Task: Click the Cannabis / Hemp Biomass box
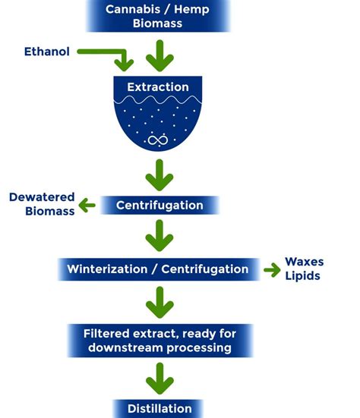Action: (157, 15)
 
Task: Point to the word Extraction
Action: (158, 87)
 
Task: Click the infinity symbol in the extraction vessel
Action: (158, 140)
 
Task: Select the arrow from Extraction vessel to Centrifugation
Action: (158, 176)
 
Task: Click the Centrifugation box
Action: (159, 205)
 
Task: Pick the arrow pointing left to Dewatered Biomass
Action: (89, 206)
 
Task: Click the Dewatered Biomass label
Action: (42, 205)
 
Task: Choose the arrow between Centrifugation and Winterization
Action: (158, 236)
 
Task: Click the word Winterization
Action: (111, 269)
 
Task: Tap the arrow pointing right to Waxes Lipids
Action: (271, 269)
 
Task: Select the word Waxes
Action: (304, 262)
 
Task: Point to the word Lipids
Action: (302, 275)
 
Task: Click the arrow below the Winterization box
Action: (158, 301)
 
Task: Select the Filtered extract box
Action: (158, 340)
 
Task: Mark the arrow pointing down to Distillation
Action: (158, 377)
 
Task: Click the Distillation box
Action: (159, 409)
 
